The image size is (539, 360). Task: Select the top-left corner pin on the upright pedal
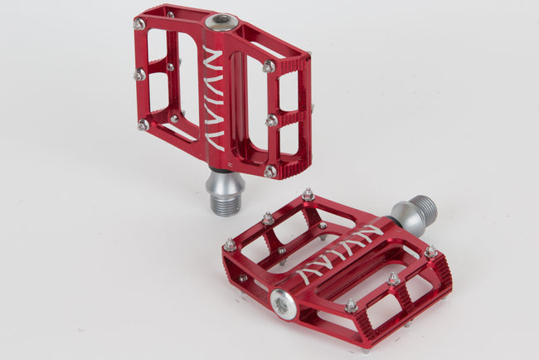[x=138, y=24]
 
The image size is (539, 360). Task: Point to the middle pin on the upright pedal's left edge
[x=139, y=75]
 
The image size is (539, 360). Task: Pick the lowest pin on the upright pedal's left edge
[x=143, y=125]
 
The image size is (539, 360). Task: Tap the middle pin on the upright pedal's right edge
[x=271, y=121]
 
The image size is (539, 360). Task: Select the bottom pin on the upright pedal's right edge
[x=269, y=172]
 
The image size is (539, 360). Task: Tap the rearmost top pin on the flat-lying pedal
[x=308, y=195]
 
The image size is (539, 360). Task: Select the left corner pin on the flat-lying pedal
[x=230, y=246]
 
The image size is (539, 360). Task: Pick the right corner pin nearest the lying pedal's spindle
[x=430, y=251]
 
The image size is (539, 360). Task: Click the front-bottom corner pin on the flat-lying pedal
[x=352, y=306]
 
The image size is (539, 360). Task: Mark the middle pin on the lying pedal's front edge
[x=393, y=280]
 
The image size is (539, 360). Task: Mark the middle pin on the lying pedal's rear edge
[x=268, y=219]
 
